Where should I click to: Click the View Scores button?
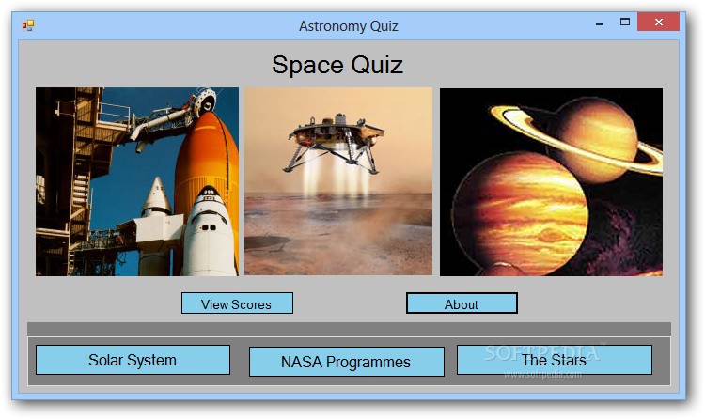(237, 303)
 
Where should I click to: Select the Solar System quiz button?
(133, 360)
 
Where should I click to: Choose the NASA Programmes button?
(346, 362)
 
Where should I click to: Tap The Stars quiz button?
(555, 360)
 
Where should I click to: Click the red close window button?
(658, 22)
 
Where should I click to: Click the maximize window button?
(625, 22)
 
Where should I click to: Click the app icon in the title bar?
(28, 25)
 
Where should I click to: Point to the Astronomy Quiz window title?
(349, 26)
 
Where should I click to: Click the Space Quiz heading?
(337, 65)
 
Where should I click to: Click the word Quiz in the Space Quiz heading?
(377, 65)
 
